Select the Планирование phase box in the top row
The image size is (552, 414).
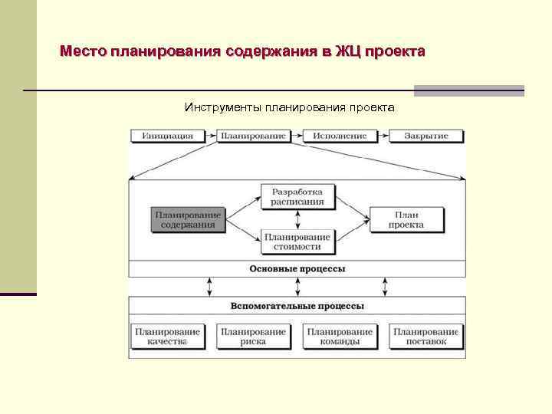coord(252,136)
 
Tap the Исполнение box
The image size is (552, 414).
coord(339,136)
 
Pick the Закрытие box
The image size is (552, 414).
coord(426,136)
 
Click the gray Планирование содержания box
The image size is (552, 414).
coord(188,220)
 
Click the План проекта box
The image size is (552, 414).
coord(406,220)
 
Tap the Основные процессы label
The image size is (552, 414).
coord(297,269)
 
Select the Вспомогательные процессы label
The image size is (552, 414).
coord(297,306)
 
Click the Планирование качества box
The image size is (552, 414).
coord(167,337)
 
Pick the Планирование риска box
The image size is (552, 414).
coord(253,337)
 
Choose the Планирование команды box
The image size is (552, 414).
coord(340,337)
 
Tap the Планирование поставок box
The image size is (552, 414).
coord(426,337)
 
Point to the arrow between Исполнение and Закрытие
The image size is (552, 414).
coord(383,136)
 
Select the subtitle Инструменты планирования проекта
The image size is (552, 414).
coord(289,107)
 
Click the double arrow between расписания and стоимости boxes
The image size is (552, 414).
coord(297,219)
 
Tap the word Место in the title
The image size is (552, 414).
coord(84,52)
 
